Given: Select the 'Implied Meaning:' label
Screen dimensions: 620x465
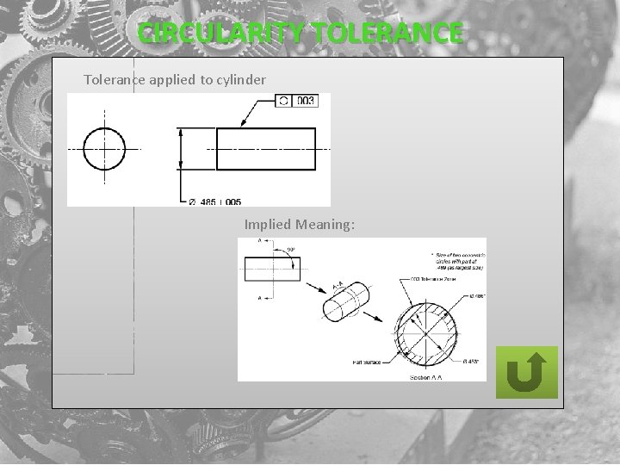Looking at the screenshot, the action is tap(300, 225).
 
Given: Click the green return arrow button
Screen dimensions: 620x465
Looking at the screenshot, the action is tap(527, 372).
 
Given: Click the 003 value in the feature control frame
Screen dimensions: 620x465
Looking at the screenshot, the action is tap(306, 101).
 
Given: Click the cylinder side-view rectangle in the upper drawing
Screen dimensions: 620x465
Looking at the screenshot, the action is tap(268, 149).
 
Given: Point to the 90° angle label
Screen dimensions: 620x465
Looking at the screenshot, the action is tap(291, 250).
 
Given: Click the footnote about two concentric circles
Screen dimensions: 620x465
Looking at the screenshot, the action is tap(458, 262).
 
